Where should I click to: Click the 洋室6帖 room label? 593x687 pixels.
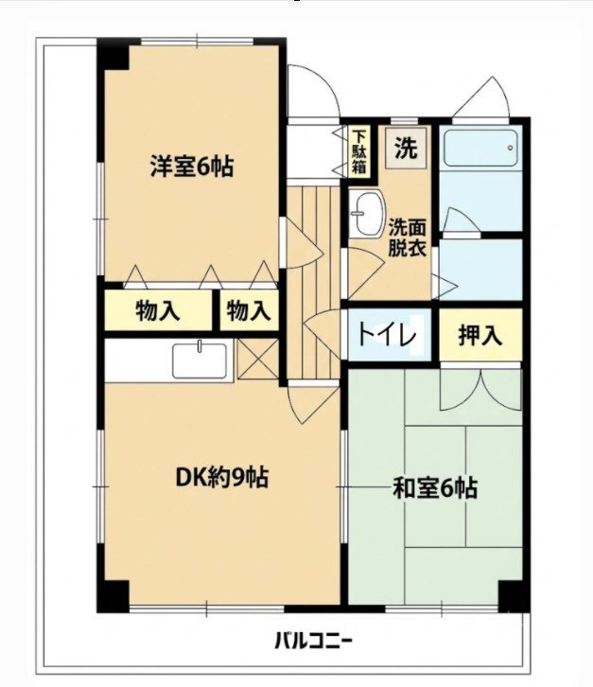[x=192, y=166]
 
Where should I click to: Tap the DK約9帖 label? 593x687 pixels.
[x=221, y=477]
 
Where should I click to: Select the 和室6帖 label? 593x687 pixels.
[x=435, y=487]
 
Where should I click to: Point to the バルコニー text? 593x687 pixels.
[x=313, y=642]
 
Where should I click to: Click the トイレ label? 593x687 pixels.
[x=386, y=336]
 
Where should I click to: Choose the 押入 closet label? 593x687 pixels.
[x=480, y=335]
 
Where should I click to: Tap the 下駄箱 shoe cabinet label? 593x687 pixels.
[x=359, y=151]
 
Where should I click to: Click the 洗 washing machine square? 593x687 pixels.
[x=406, y=148]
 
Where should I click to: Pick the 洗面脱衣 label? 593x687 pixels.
[x=408, y=237]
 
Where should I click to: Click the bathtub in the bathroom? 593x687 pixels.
[x=480, y=148]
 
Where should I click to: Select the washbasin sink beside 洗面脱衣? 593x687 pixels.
[x=368, y=213]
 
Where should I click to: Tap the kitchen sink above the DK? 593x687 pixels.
[x=201, y=361]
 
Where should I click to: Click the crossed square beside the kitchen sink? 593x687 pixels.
[x=258, y=359]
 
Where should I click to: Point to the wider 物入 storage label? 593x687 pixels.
[x=158, y=310]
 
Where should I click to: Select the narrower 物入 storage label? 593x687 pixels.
[x=249, y=310]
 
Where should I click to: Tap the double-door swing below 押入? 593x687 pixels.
[x=480, y=390]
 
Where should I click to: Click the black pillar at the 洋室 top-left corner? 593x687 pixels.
[x=113, y=54]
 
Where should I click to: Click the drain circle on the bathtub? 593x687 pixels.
[x=510, y=148]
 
